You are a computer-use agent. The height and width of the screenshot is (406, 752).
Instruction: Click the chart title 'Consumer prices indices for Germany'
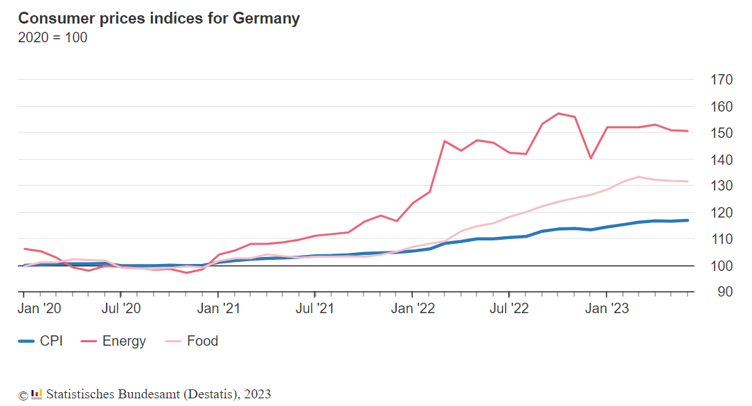[159, 19]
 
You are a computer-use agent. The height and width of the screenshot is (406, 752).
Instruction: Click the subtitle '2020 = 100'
[53, 37]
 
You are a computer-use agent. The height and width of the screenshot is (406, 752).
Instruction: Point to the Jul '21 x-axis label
[315, 308]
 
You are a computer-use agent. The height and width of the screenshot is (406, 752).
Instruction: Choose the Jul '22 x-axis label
[509, 308]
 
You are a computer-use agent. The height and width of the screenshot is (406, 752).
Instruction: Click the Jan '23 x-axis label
[607, 308]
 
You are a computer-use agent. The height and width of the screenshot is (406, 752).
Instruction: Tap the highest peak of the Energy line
[559, 113]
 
